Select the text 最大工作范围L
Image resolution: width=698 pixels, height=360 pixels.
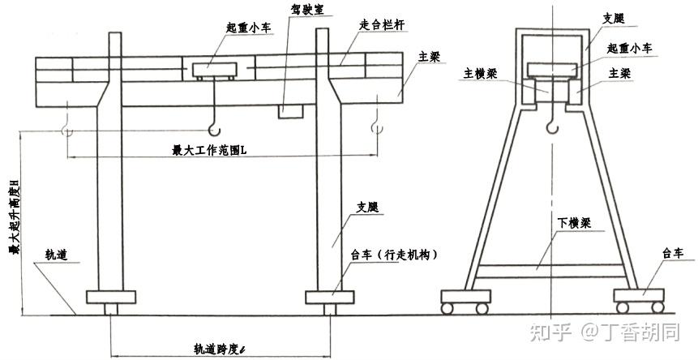click(x=210, y=148)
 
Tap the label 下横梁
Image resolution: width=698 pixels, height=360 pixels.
click(x=572, y=222)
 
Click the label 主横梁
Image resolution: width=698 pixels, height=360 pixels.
click(x=479, y=72)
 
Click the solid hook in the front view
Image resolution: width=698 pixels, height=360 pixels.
click(x=213, y=126)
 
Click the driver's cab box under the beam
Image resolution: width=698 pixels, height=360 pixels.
click(x=290, y=111)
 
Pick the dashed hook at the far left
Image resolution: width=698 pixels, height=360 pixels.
click(x=66, y=128)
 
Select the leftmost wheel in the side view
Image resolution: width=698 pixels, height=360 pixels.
click(x=448, y=308)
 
